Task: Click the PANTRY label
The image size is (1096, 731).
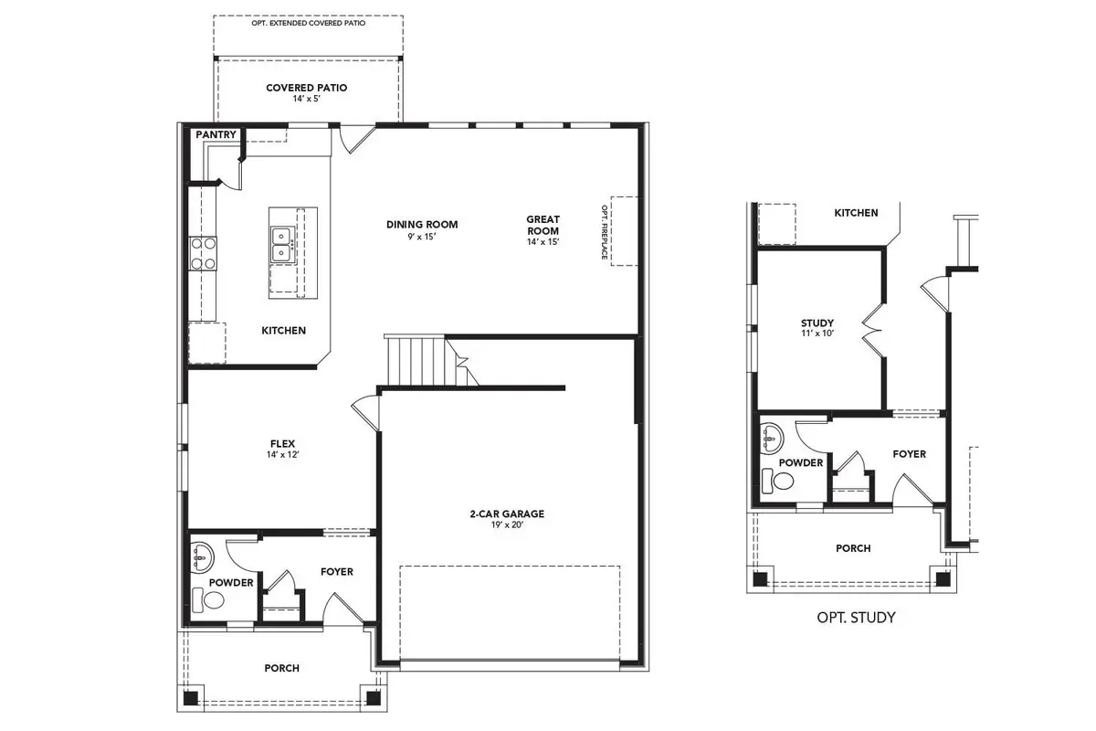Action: [x=216, y=135]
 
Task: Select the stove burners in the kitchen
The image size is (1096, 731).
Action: [x=202, y=253]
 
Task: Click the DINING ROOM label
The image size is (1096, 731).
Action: [x=422, y=224]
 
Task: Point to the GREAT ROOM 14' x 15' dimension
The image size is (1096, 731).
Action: [x=542, y=242]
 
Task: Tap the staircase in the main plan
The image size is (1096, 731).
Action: [x=416, y=362]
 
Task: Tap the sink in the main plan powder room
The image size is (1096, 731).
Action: [x=201, y=555]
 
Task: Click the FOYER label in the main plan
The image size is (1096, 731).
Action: [x=336, y=572]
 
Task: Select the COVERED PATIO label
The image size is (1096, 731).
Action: [x=306, y=89]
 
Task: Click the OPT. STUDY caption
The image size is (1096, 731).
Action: [x=856, y=618]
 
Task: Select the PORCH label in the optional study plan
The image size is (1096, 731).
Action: [x=853, y=548]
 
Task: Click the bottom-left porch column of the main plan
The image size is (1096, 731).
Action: [x=190, y=697]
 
